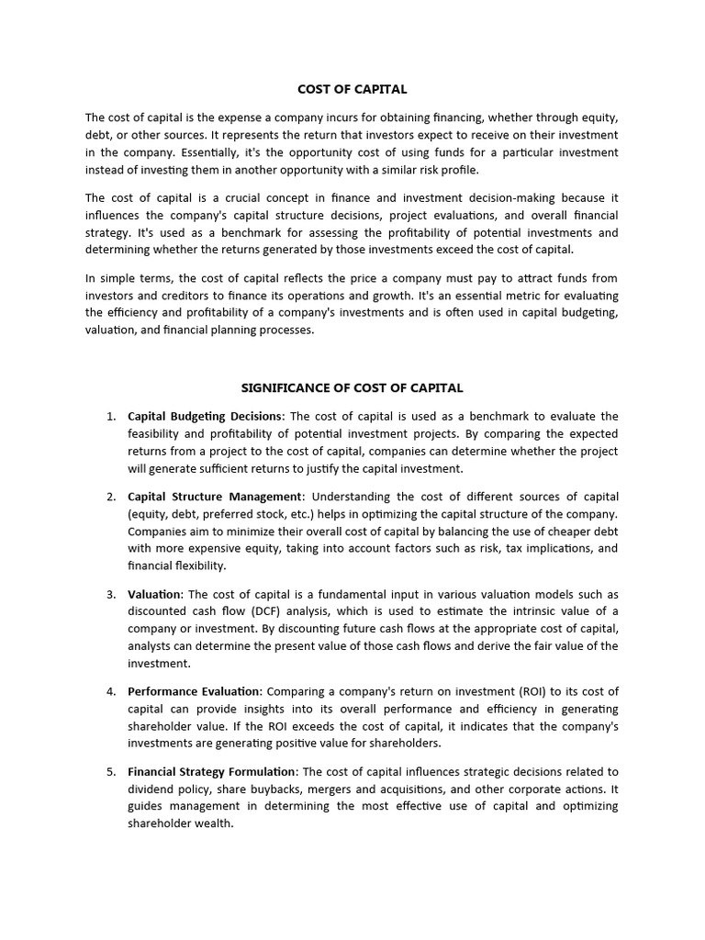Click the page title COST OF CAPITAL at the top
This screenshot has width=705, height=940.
(352, 89)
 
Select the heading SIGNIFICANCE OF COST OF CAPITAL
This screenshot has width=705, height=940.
(352, 388)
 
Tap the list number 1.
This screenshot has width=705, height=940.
(110, 417)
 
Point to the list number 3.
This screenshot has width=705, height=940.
(110, 595)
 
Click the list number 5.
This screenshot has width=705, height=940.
(110, 772)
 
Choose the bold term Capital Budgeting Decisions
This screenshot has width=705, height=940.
(206, 417)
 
